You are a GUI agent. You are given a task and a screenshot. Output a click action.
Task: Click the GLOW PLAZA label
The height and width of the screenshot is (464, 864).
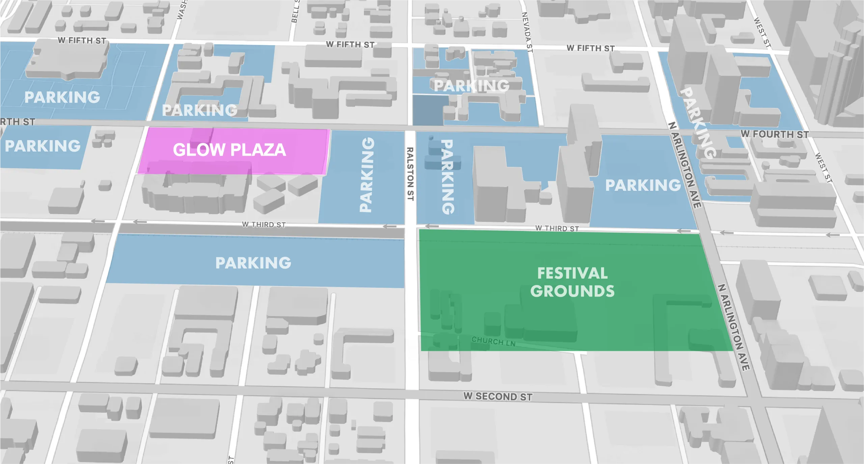click(x=230, y=150)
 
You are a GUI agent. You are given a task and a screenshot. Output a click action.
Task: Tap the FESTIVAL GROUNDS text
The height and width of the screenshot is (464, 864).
click(x=572, y=282)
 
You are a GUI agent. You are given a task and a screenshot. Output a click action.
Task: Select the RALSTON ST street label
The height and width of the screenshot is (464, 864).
click(x=410, y=174)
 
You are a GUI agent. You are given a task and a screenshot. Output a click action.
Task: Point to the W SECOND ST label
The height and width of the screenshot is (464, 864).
click(x=498, y=396)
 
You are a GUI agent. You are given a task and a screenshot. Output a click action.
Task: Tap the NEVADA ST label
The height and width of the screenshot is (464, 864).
click(x=527, y=32)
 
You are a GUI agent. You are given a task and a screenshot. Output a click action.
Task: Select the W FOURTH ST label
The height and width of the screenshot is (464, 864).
click(x=775, y=134)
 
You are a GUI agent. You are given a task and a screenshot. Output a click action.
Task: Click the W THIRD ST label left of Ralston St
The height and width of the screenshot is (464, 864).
click(x=264, y=225)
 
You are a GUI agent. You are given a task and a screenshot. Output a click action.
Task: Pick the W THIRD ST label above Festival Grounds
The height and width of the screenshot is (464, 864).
click(x=557, y=229)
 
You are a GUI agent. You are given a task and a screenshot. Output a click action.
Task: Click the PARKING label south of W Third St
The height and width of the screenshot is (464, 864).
click(x=253, y=263)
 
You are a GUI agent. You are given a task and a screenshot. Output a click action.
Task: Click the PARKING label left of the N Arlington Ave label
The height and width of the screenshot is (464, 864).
click(x=643, y=185)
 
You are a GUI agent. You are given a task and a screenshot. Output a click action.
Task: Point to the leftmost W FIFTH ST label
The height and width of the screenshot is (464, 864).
click(x=82, y=41)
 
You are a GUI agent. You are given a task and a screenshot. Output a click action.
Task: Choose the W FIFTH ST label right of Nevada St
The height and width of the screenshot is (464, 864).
click(x=590, y=48)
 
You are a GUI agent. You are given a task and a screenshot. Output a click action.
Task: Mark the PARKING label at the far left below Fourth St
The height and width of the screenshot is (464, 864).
click(x=43, y=146)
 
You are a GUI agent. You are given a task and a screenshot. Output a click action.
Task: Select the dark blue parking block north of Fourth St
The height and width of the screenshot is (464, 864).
click(x=428, y=110)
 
